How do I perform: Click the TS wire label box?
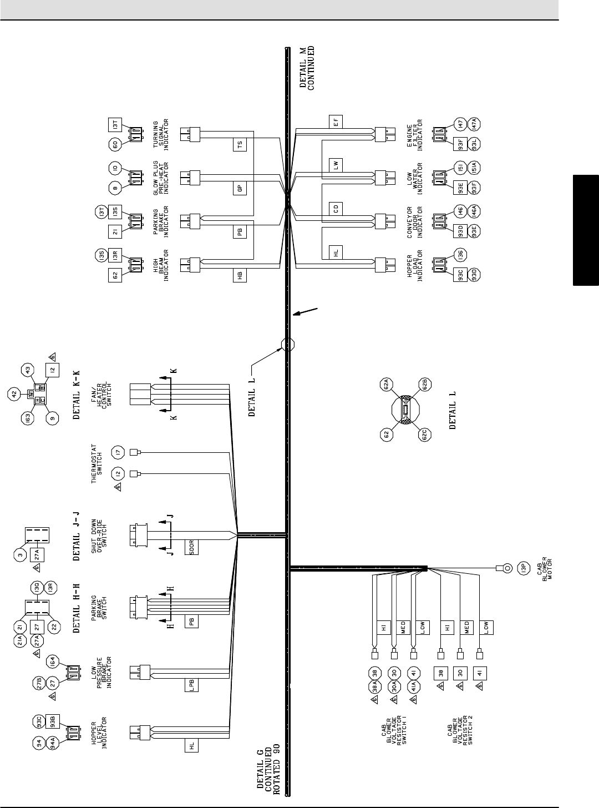click(240, 145)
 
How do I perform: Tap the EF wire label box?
click(336, 122)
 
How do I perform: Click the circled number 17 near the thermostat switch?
click(117, 452)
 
